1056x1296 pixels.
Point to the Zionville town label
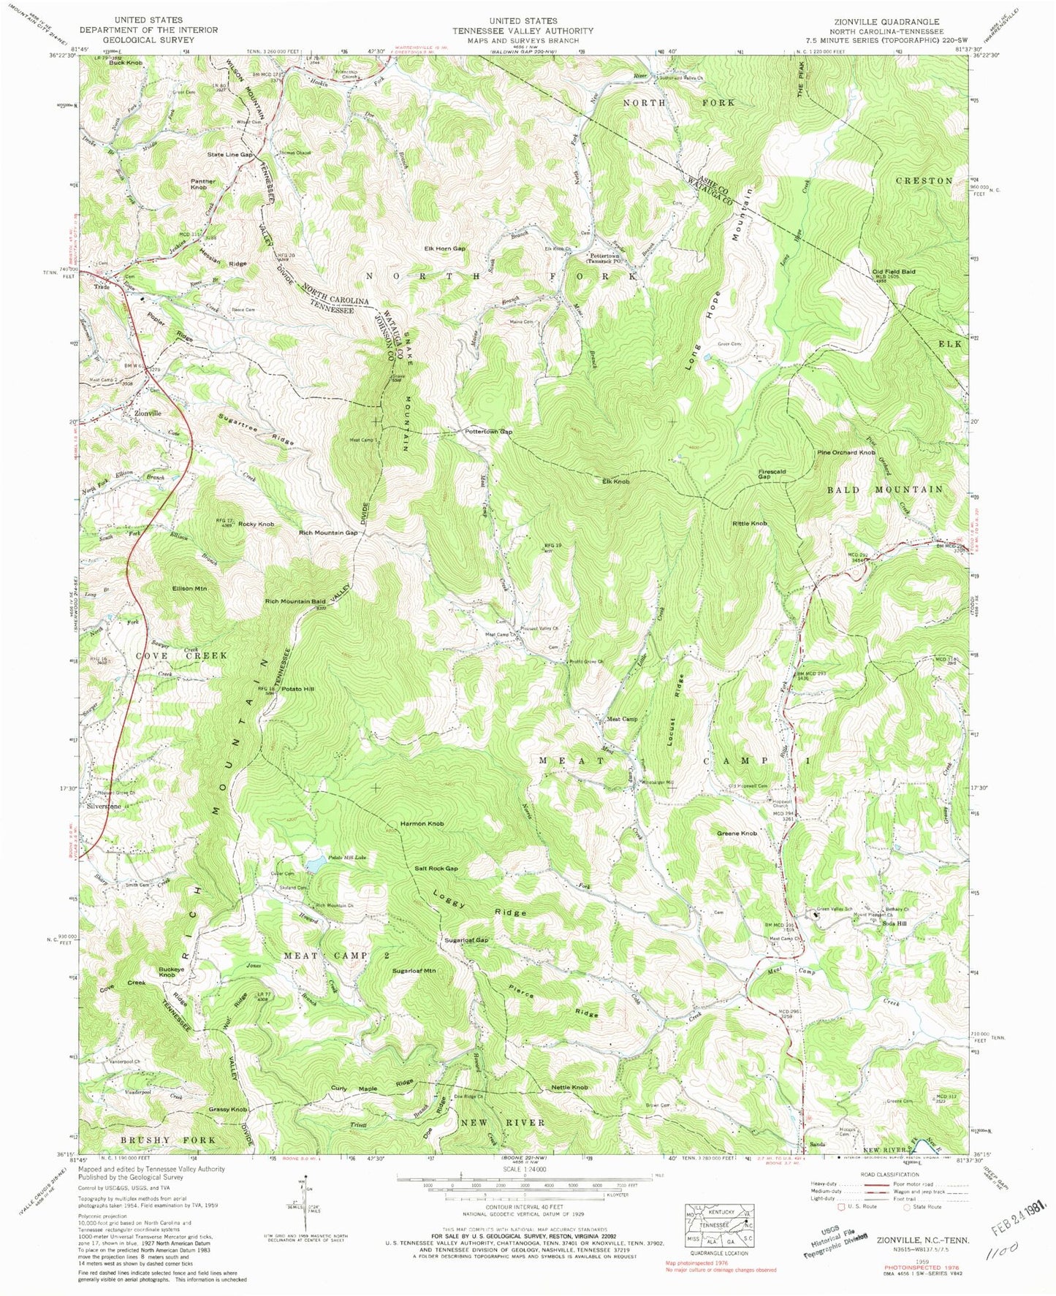148,413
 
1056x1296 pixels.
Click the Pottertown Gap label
488,432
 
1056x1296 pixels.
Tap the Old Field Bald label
893,271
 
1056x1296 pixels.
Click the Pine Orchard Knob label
846,453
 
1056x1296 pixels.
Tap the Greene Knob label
737,833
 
